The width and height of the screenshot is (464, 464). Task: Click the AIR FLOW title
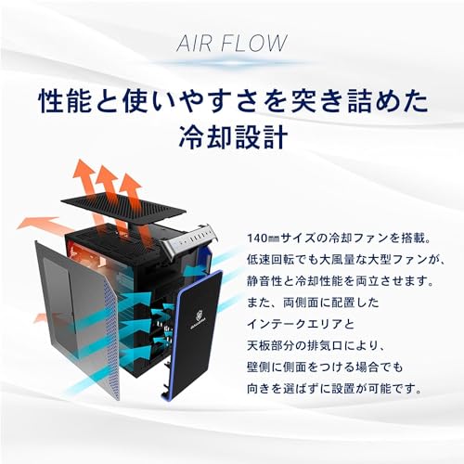(x=232, y=43)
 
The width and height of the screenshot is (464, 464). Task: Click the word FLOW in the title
(x=255, y=43)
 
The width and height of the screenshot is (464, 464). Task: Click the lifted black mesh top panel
(x=123, y=209)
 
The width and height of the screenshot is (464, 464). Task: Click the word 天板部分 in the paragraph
(x=271, y=346)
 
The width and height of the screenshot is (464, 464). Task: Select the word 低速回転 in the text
(x=271, y=260)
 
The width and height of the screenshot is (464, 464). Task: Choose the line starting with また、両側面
(x=313, y=303)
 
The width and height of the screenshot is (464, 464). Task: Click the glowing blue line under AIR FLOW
(x=232, y=63)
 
